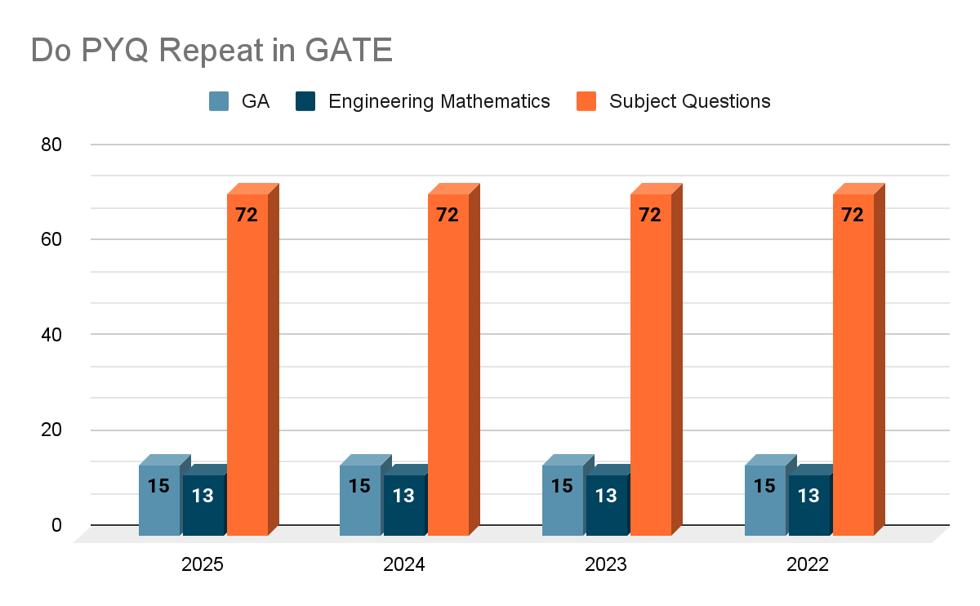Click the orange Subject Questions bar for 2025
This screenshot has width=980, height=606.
[x=247, y=368]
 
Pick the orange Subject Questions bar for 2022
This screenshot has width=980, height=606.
[x=853, y=368]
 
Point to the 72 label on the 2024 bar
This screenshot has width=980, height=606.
[x=448, y=216]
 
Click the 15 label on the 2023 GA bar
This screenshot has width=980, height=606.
[x=562, y=486]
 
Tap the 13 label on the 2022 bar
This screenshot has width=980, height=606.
[x=808, y=496]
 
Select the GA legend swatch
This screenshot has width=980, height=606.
[x=219, y=101]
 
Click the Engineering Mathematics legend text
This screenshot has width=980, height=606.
[x=439, y=101]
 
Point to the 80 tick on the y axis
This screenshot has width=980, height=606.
[x=51, y=145]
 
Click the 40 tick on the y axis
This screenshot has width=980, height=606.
[x=51, y=335]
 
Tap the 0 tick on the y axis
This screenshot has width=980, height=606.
[x=56, y=525]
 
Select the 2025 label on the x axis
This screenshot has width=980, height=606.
[x=203, y=565]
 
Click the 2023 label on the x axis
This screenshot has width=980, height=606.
[x=606, y=565]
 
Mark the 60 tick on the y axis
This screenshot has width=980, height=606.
[x=51, y=239]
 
